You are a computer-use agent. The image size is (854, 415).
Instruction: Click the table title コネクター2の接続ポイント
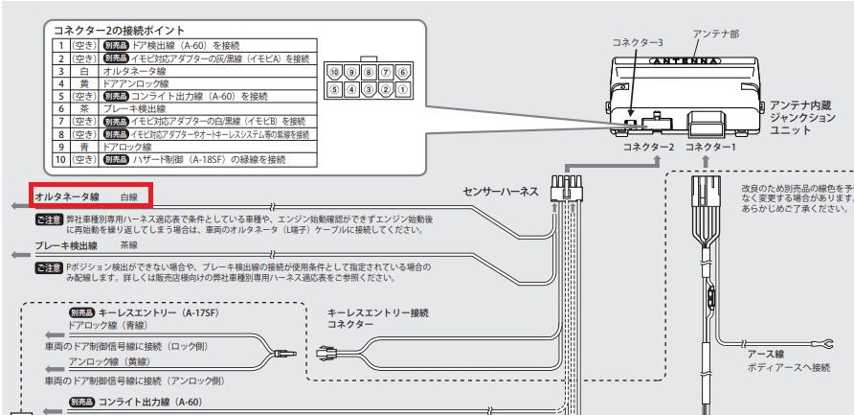click(121, 31)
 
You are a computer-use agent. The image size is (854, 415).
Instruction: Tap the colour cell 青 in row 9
click(84, 148)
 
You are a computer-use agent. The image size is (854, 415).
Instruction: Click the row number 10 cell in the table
click(60, 160)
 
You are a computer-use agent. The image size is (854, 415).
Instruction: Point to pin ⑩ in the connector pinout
click(333, 72)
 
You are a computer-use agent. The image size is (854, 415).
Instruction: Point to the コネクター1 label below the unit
click(711, 148)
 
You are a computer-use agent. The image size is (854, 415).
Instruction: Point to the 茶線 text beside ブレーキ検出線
click(143, 245)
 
